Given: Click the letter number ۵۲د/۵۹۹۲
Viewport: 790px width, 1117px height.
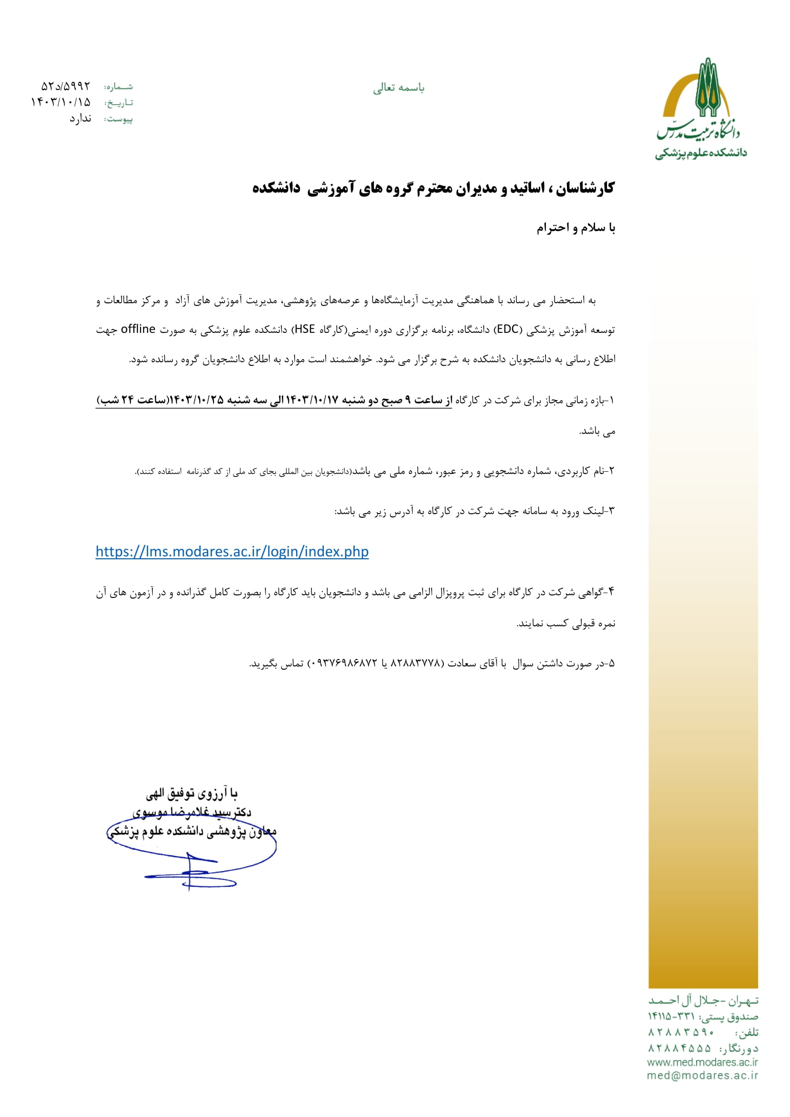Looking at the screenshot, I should pyautogui.click(x=65, y=86).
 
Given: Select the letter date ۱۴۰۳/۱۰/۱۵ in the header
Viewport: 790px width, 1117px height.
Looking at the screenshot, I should pyautogui.click(x=61, y=102).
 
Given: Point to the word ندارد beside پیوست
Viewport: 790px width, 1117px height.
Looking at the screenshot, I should pyautogui.click(x=80, y=119).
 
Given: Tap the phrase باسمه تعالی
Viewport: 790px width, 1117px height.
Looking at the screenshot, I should pyautogui.click(x=398, y=88).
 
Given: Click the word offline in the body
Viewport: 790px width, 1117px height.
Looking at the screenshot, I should pyautogui.click(x=138, y=330).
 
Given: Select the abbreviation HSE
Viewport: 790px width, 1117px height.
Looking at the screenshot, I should pyautogui.click(x=305, y=330).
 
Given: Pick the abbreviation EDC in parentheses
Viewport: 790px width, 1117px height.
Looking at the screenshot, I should pyautogui.click(x=508, y=330).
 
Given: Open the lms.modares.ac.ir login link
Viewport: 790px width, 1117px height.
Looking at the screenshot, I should pyautogui.click(x=232, y=551).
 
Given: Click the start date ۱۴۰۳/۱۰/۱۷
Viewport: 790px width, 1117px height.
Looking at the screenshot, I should pyautogui.click(x=311, y=400).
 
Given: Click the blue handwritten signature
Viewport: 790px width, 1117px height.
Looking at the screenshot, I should pyautogui.click(x=192, y=863).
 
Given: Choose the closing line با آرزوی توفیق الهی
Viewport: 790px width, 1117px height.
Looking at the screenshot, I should pyautogui.click(x=192, y=795).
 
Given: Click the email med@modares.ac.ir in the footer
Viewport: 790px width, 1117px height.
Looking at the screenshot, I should pyautogui.click(x=703, y=1075).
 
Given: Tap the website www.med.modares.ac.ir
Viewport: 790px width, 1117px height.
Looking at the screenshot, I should pyautogui.click(x=703, y=1062).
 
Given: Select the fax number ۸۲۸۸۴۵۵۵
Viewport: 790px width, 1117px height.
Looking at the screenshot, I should pyautogui.click(x=680, y=1048).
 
